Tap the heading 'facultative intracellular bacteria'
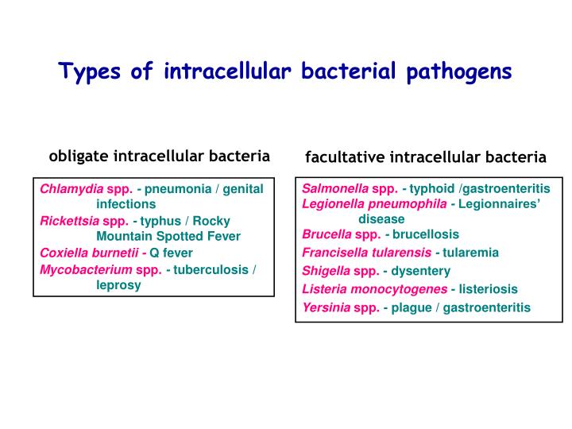[426, 157]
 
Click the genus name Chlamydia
[72, 189]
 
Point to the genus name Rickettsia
[70, 221]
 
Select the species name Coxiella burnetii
[88, 253]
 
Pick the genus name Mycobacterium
[86, 269]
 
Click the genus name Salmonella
[335, 189]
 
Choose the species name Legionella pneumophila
[374, 203]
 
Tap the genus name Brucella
[327, 234]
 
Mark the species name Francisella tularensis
[366, 253]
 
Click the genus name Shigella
[325, 271]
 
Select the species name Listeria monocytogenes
[373, 289]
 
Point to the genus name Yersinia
[326, 307]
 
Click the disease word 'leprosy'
[118, 284]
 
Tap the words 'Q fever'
[172, 253]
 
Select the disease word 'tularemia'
[470, 253]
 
